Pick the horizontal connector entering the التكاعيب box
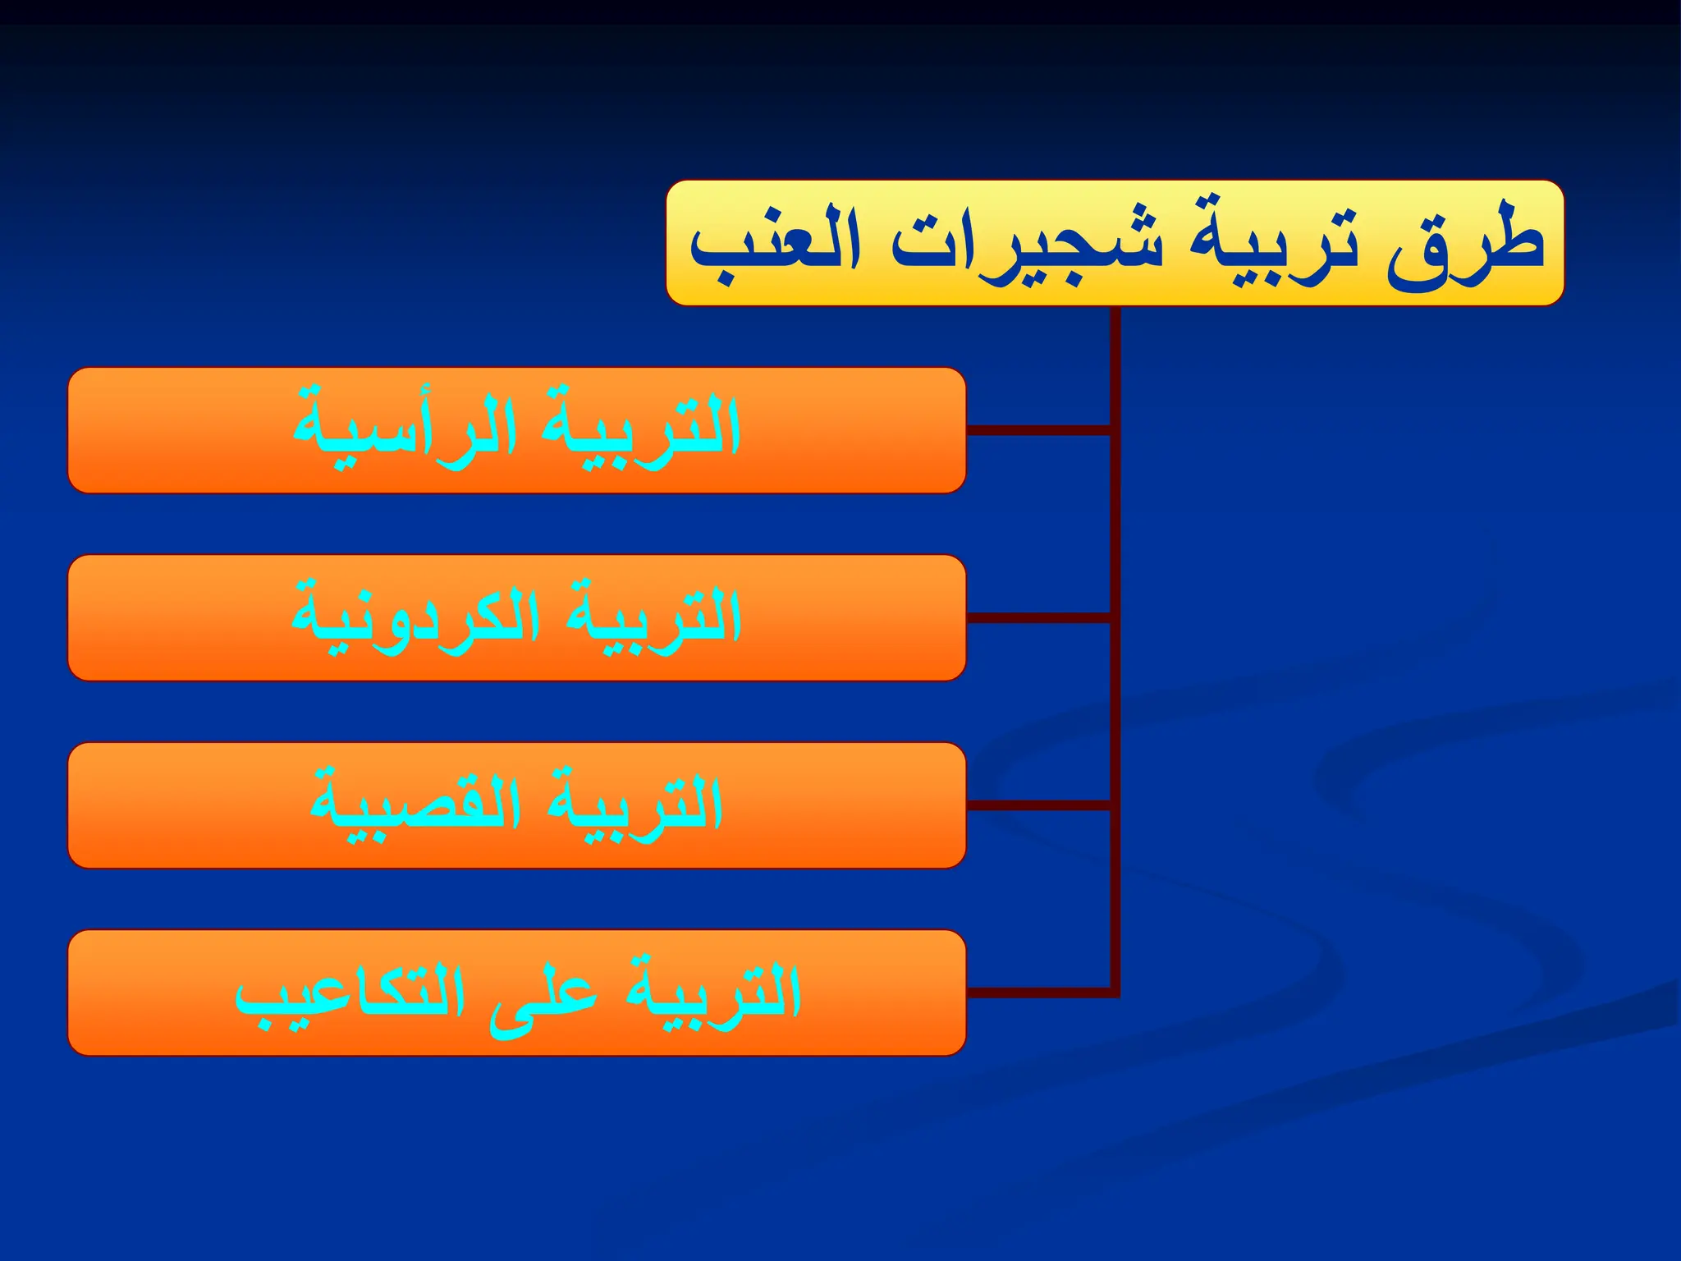(x=1039, y=993)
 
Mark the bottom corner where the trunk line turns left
(x=1115, y=993)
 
